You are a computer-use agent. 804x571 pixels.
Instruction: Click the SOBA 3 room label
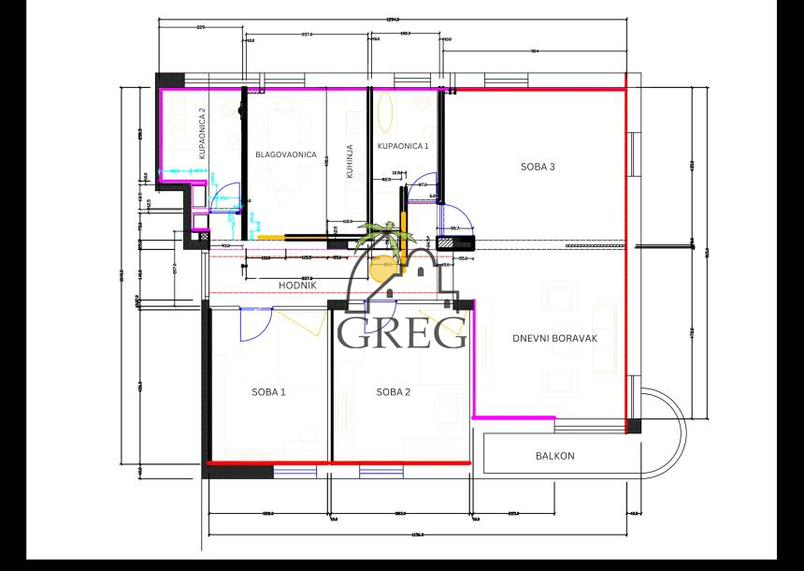pyautogui.click(x=538, y=168)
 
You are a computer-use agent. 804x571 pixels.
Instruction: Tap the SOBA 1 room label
pyautogui.click(x=268, y=392)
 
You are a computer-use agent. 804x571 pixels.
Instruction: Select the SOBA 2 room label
pyautogui.click(x=394, y=392)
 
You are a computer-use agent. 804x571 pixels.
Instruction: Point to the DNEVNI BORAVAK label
pyautogui.click(x=554, y=339)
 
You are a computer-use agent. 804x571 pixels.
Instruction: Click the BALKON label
pyautogui.click(x=554, y=457)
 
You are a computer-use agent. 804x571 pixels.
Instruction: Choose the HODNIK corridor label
pyautogui.click(x=298, y=285)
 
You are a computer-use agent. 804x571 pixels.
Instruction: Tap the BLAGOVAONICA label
pyautogui.click(x=285, y=154)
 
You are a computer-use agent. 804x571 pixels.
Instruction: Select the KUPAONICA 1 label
pyautogui.click(x=403, y=146)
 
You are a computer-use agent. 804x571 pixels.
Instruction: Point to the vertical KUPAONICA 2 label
pyautogui.click(x=201, y=134)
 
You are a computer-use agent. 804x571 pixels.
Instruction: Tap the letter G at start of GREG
pyautogui.click(x=354, y=332)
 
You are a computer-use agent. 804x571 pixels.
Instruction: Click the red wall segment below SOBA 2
pyautogui.click(x=400, y=462)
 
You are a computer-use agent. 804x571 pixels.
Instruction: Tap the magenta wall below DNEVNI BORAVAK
pyautogui.click(x=514, y=417)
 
